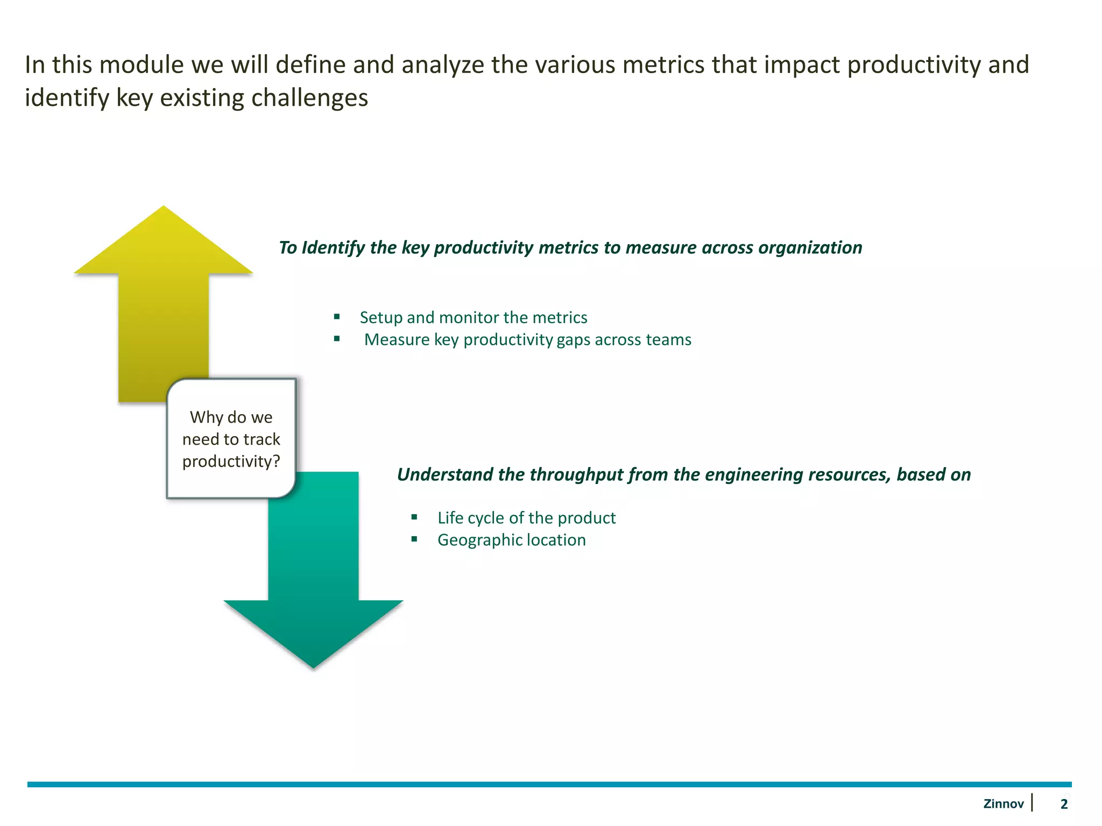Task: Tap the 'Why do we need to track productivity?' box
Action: click(231, 438)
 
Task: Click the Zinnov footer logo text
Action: click(1003, 804)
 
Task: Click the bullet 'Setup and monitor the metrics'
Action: click(473, 317)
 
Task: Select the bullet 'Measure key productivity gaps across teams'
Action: click(527, 340)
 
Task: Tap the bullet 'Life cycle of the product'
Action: click(526, 518)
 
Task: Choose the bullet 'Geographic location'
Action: click(511, 540)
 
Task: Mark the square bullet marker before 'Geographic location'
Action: click(414, 539)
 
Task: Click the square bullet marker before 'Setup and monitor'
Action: click(337, 316)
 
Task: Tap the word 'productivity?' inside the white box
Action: click(231, 461)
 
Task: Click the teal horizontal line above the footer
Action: click(549, 785)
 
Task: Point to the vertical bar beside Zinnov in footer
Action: click(1032, 802)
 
